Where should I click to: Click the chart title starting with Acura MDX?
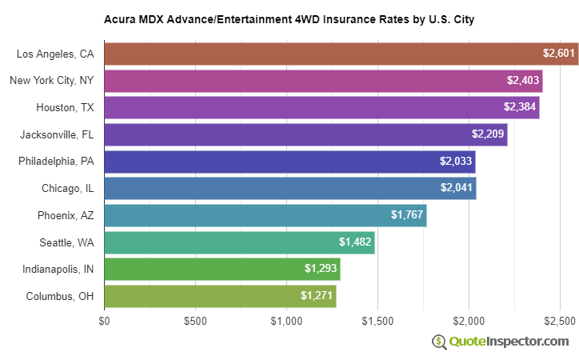pyautogui.click(x=289, y=18)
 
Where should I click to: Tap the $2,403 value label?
pyautogui.click(x=523, y=81)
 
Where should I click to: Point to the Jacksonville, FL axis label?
pyautogui.click(x=58, y=134)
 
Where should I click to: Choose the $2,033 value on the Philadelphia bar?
pyautogui.click(x=456, y=162)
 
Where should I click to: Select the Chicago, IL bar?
pyautogui.click(x=289, y=188)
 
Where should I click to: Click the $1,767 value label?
pyautogui.click(x=407, y=215)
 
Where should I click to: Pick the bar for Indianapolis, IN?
pyautogui.click(x=222, y=269)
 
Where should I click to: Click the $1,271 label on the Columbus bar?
pyautogui.click(x=317, y=296)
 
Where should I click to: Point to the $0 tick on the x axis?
pyautogui.click(x=104, y=321)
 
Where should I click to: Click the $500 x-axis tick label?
pyautogui.click(x=195, y=321)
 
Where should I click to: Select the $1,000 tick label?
pyautogui.click(x=286, y=321)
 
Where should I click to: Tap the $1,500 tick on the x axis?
pyautogui.click(x=377, y=321)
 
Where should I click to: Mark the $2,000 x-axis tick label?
pyautogui.click(x=469, y=321)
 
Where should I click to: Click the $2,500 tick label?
pyautogui.click(x=560, y=321)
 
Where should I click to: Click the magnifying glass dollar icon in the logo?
pyautogui.click(x=439, y=342)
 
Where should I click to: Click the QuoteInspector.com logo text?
pyautogui.click(x=509, y=342)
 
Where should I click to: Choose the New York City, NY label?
pyautogui.click(x=52, y=81)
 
